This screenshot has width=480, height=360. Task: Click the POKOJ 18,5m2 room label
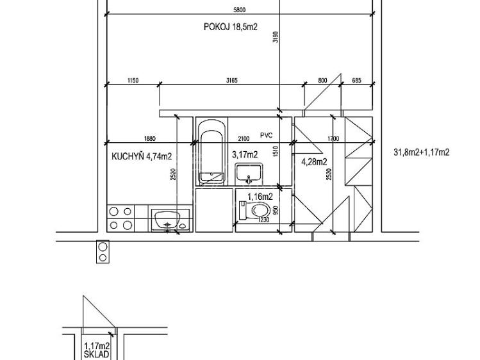(x=231, y=27)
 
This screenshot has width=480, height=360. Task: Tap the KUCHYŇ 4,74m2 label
(x=142, y=156)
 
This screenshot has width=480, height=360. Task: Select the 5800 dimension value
(x=240, y=10)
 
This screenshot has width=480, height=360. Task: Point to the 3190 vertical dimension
(x=276, y=37)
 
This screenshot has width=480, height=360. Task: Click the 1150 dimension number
(x=133, y=81)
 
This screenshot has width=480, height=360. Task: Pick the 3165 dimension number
(x=232, y=81)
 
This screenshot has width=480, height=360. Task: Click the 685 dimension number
(x=356, y=81)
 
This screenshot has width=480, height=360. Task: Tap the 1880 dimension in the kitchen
(x=150, y=138)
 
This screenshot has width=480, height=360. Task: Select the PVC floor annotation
(x=267, y=135)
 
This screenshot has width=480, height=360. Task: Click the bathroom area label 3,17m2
(x=245, y=155)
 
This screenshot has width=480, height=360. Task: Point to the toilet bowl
(x=254, y=211)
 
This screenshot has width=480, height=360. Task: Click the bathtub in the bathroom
(x=212, y=152)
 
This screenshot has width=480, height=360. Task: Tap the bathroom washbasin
(x=249, y=174)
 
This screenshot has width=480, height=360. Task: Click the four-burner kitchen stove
(x=120, y=218)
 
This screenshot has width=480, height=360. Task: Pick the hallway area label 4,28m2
(x=314, y=162)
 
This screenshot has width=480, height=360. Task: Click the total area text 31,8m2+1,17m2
(x=421, y=152)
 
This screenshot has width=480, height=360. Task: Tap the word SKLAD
(x=96, y=355)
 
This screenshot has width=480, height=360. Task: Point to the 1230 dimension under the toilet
(x=263, y=219)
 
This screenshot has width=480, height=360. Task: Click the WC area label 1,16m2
(x=260, y=197)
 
